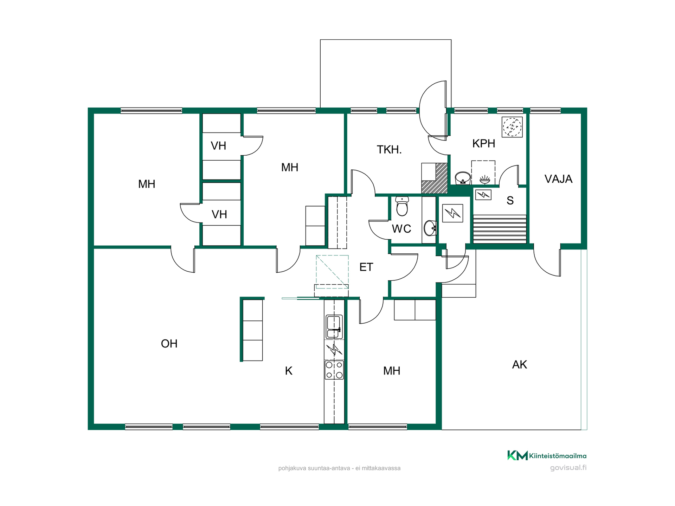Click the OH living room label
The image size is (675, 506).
tap(169, 344)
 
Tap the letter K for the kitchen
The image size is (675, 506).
tap(289, 371)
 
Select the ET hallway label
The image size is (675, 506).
tap(366, 267)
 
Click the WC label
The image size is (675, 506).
tap(401, 229)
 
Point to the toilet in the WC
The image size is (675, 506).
tap(402, 206)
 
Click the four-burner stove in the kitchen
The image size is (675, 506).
tap(334, 370)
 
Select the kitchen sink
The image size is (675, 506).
tap(334, 327)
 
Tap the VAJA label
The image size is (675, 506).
tap(558, 179)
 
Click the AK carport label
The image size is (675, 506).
tap(520, 365)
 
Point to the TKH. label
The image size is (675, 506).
tap(389, 150)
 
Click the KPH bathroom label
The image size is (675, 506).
tap(484, 143)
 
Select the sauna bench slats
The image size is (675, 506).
tap(500, 229)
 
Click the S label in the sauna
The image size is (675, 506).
tap(510, 201)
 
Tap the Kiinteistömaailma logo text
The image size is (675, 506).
tap(558, 456)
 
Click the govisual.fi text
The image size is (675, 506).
tap(568, 468)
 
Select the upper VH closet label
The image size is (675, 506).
tap(218, 146)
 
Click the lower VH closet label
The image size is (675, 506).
tap(219, 214)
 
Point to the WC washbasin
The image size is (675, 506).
tap(430, 228)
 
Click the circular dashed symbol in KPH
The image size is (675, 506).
tap(512, 127)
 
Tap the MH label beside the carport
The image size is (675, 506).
tap(392, 371)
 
